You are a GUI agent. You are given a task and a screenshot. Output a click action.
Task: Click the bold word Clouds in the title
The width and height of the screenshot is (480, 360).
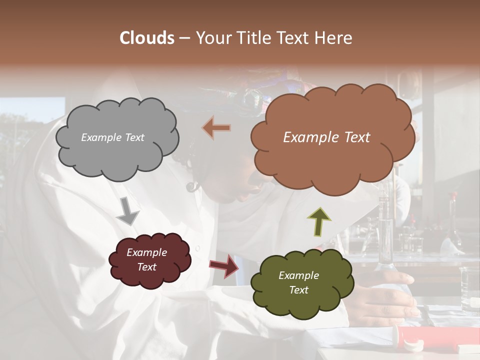click(x=147, y=38)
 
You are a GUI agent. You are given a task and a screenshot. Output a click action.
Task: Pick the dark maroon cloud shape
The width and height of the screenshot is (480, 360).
click(x=149, y=260)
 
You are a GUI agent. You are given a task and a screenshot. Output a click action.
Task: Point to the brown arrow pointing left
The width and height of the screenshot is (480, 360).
click(x=216, y=127)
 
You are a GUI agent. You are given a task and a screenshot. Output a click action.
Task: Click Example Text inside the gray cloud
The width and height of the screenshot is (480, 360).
click(x=113, y=137)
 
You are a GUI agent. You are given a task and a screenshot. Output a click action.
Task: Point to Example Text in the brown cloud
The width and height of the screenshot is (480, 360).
click(x=327, y=137)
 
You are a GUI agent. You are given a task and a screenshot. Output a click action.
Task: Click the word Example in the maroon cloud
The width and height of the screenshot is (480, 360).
click(x=147, y=252)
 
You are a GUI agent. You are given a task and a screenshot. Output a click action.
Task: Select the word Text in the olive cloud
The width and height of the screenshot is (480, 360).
click(x=299, y=290)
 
